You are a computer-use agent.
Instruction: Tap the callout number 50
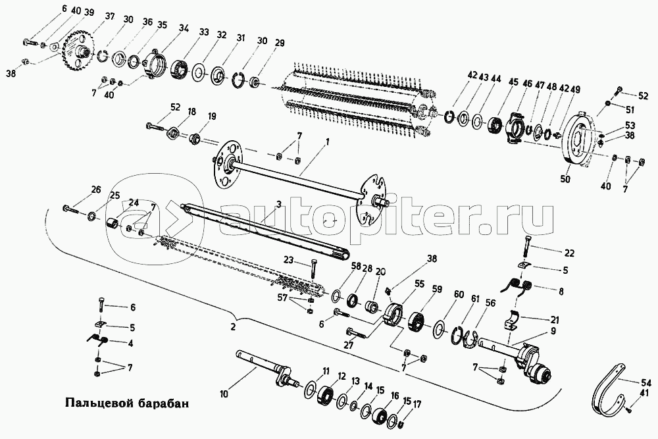point(566,179)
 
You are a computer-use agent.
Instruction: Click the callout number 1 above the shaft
point(327,142)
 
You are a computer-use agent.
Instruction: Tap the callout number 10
point(224,395)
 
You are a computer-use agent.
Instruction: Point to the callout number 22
point(569,253)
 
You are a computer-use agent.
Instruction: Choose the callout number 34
point(184,28)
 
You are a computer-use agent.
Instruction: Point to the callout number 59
point(437,289)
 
